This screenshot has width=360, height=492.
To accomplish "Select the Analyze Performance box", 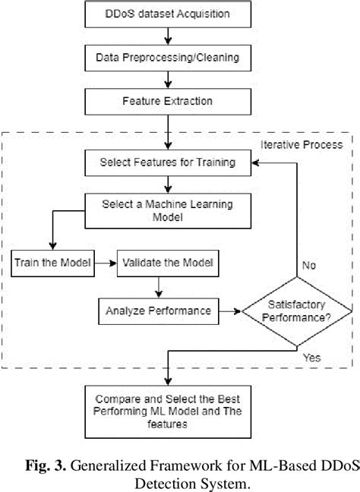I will point(157,310).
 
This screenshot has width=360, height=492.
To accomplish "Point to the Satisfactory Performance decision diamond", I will point(296,311).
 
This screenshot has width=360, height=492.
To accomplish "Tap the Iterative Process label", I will point(302,143).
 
